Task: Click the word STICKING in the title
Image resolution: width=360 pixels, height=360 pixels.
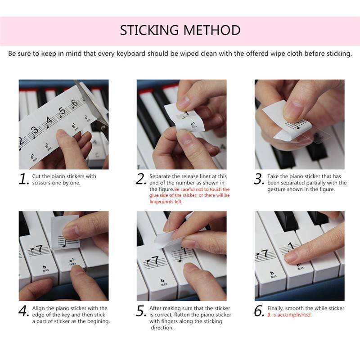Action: (148, 30)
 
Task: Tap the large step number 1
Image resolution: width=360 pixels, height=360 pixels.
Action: (24, 180)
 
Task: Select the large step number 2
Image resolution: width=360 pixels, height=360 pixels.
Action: (141, 180)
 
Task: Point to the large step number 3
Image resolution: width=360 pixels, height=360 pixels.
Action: (259, 180)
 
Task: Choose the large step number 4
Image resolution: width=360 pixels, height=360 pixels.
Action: (24, 311)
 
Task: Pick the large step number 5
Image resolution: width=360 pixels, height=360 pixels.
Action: (141, 311)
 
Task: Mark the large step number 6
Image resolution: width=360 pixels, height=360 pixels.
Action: (259, 311)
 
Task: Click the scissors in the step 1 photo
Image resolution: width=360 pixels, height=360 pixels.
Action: (92, 101)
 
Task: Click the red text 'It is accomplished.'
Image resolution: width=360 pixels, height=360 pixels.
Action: (289, 315)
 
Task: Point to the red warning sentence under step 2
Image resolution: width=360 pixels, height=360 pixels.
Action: (189, 196)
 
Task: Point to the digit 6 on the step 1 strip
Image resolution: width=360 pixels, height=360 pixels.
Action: (74, 103)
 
